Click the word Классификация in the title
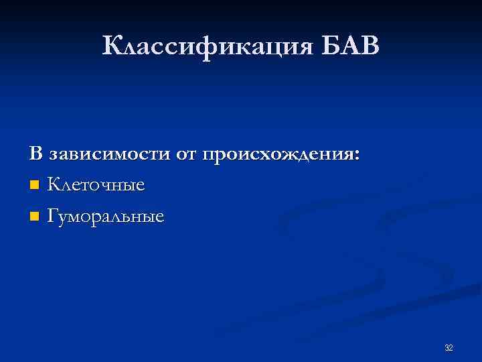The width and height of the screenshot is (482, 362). click(206, 47)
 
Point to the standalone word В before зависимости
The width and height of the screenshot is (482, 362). click(35, 154)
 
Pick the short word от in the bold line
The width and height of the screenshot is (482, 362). click(188, 155)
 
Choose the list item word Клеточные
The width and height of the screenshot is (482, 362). click(96, 184)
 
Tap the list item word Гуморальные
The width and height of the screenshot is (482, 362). click(105, 217)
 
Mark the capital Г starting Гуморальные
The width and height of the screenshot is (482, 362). click(54, 216)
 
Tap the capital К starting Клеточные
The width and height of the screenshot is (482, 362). click(54, 184)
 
